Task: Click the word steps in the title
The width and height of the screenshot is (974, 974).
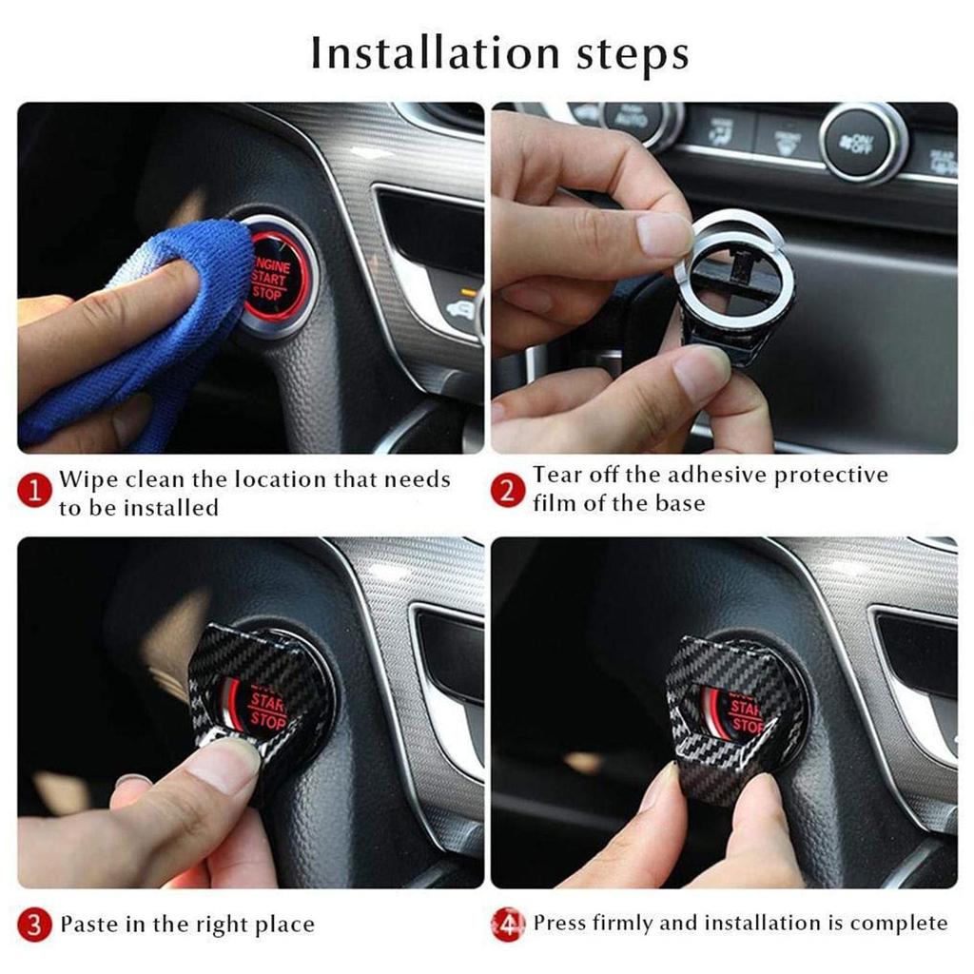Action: (627, 56)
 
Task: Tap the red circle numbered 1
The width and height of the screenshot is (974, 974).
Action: (35, 492)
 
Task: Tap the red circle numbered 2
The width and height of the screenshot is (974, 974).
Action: (508, 491)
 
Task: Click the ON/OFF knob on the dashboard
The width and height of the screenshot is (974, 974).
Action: (863, 143)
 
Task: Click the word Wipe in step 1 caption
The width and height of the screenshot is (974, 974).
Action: (88, 478)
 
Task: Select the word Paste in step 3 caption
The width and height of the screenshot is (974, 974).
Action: (89, 924)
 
